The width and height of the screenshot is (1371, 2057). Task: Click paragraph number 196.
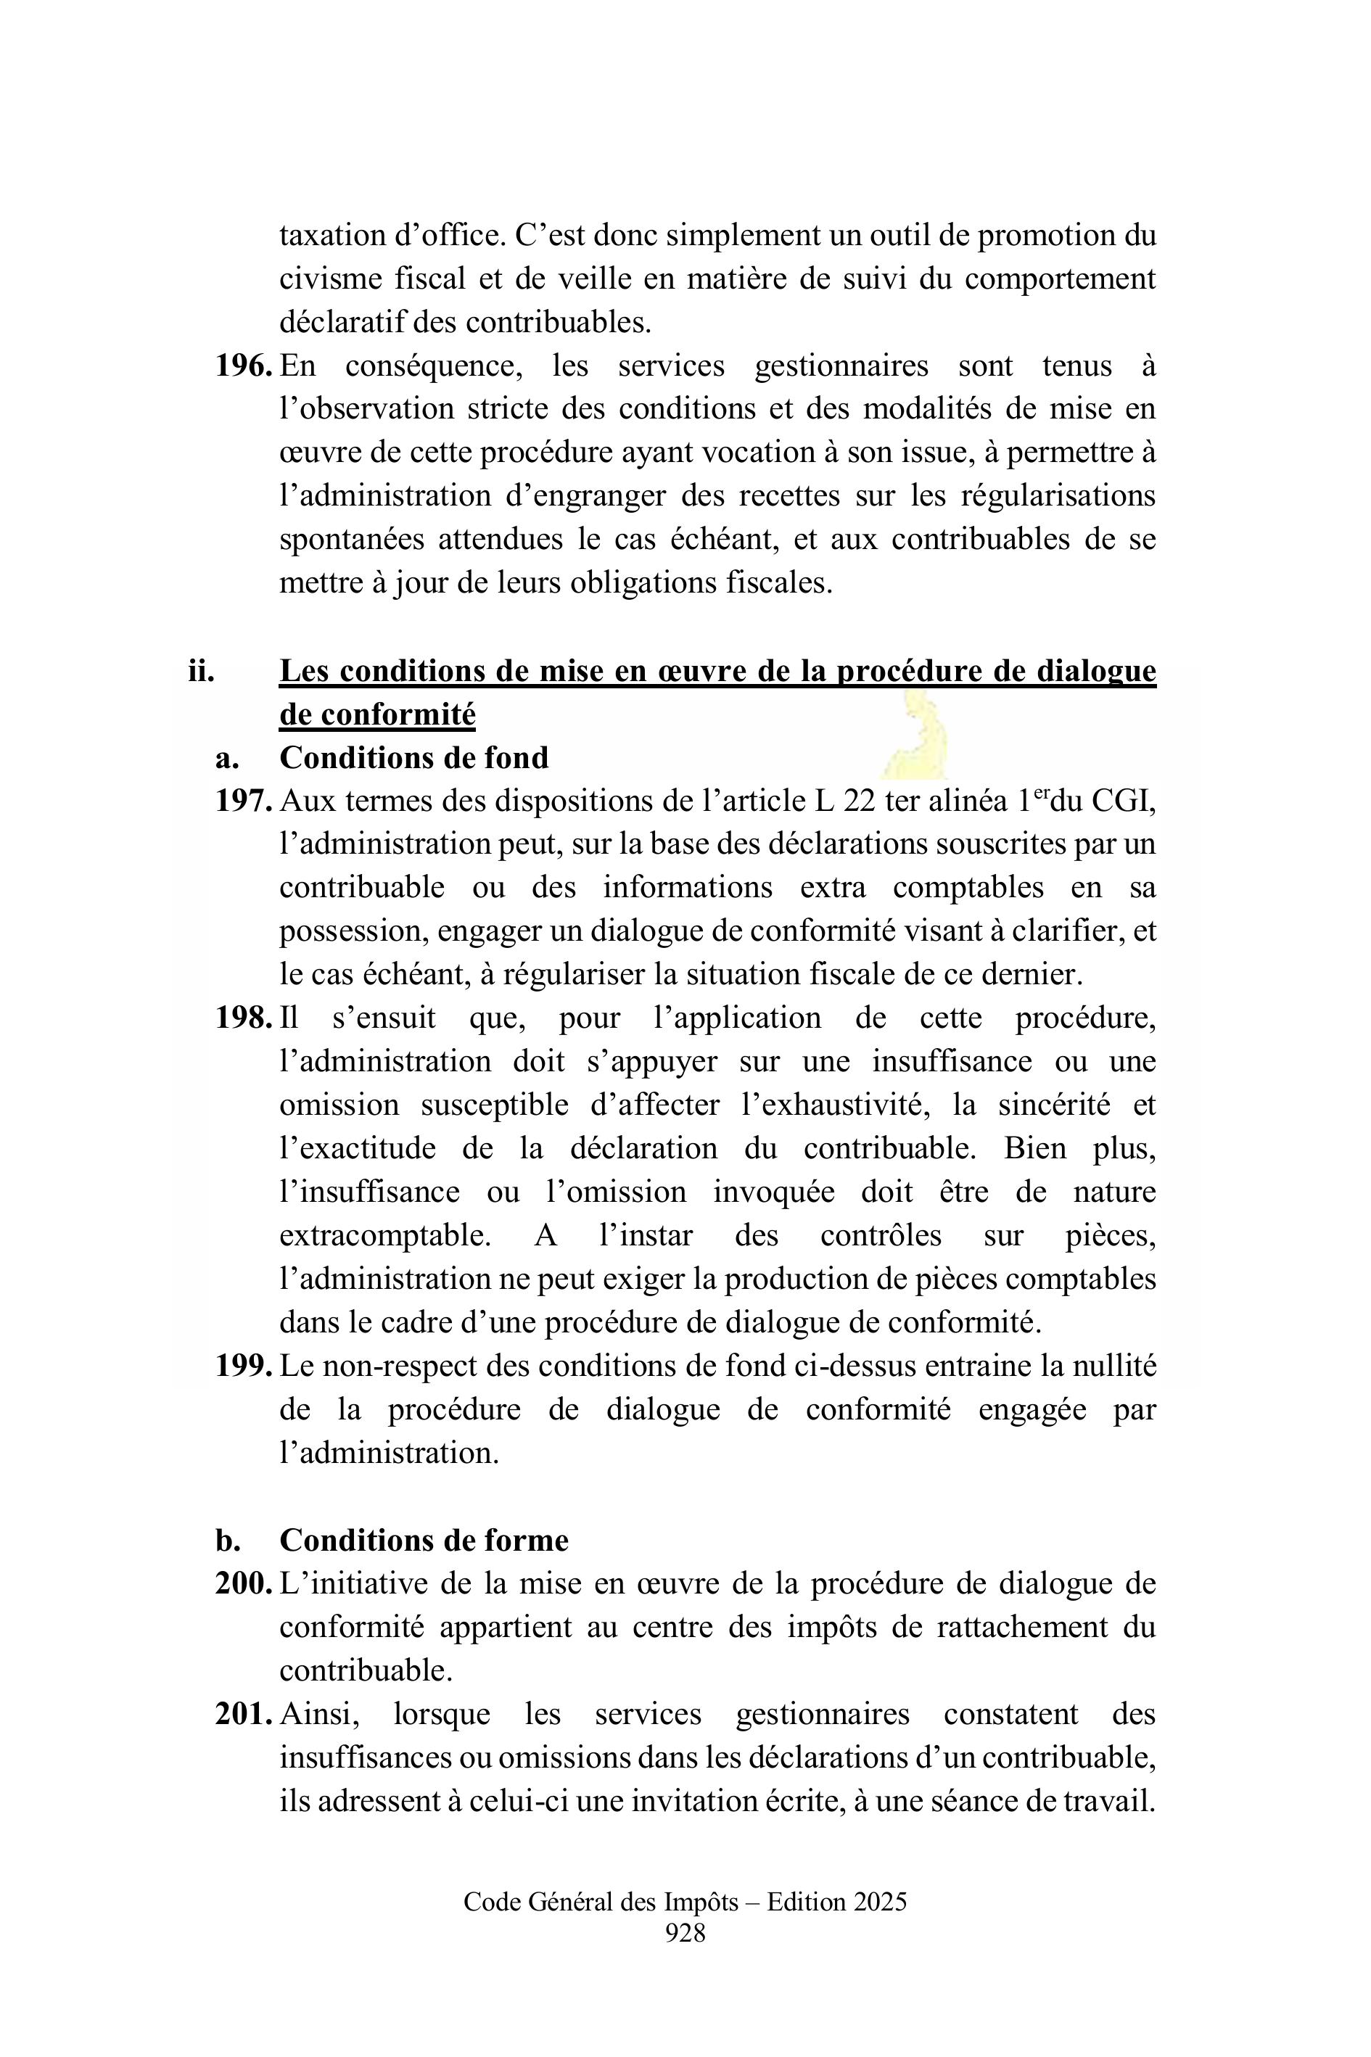[x=244, y=366]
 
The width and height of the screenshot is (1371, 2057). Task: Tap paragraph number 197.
[x=244, y=801]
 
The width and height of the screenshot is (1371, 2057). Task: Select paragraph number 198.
[x=244, y=1018]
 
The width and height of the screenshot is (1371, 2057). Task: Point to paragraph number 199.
[x=244, y=1366]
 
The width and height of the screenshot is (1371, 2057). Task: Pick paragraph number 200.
[x=244, y=1584]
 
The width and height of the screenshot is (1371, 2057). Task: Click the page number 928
[x=685, y=1934]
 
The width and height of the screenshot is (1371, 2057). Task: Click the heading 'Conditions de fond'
[x=413, y=758]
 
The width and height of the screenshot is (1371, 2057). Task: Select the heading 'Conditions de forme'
[x=424, y=1541]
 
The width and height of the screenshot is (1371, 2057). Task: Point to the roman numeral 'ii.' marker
[x=201, y=672]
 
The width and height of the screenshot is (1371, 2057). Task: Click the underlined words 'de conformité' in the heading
[x=378, y=715]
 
